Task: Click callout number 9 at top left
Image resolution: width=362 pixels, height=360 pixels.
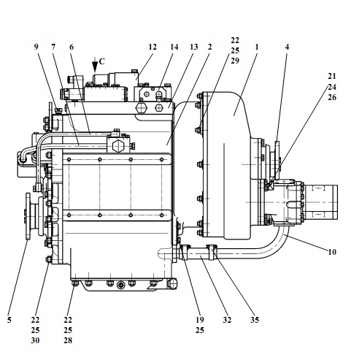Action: tap(36, 47)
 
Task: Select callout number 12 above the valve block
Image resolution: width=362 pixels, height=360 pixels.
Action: tap(153, 47)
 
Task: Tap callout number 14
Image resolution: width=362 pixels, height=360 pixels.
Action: tap(174, 47)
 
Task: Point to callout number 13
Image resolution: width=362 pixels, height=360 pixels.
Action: tap(193, 47)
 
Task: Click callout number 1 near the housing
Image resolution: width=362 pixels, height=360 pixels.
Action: tap(256, 47)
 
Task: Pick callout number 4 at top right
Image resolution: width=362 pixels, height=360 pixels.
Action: tap(287, 47)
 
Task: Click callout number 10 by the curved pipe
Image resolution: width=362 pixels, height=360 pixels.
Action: tap(332, 252)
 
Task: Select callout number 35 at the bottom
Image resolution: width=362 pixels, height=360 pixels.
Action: tap(255, 320)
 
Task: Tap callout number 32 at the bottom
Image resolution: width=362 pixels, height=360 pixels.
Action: tap(227, 320)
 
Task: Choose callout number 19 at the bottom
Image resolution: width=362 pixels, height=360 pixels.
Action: tap(200, 320)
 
